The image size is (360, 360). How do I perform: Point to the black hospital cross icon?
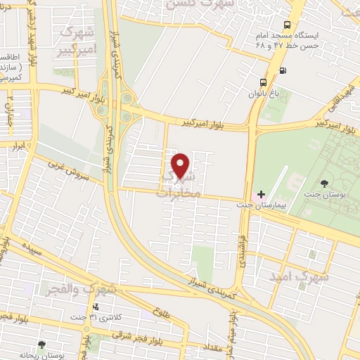[x=262, y=193]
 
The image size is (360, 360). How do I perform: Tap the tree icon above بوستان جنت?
[x=323, y=184]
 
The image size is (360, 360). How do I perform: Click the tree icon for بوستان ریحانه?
[x=41, y=344]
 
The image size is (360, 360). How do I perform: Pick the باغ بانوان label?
[x=262, y=93]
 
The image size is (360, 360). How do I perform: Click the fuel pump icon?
[x=283, y=70]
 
